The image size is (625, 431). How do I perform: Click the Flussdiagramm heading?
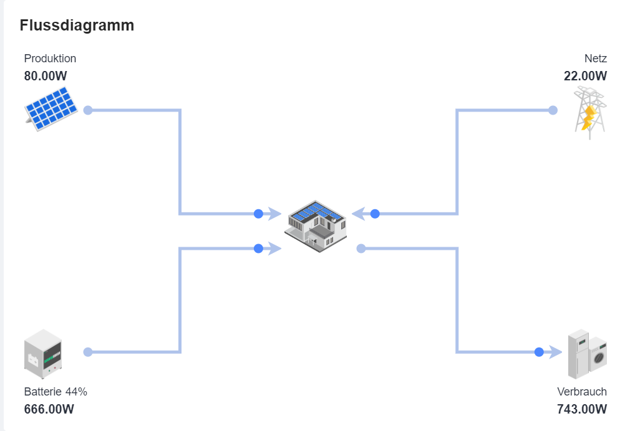[77, 26]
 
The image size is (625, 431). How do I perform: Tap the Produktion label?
[50, 59]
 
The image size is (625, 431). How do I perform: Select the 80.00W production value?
[46, 75]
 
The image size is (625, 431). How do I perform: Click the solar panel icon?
[51, 108]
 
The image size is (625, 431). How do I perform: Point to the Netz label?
[596, 59]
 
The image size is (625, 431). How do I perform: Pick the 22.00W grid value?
[585, 75]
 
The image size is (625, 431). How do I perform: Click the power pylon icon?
[590, 113]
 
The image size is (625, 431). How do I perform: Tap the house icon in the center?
[315, 226]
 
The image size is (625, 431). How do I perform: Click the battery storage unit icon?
[43, 354]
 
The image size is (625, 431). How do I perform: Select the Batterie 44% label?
[56, 392]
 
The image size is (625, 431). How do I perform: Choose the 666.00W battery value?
[49, 409]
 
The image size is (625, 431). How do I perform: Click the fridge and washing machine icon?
[587, 354]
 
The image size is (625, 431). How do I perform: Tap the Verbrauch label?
[582, 392]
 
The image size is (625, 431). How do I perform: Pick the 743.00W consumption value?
[582, 409]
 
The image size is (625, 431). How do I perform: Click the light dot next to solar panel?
[88, 110]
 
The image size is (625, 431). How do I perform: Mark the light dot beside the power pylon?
[553, 110]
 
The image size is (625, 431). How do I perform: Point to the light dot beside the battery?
[88, 352]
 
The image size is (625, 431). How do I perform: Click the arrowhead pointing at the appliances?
[555, 352]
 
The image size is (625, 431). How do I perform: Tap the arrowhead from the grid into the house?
[358, 214]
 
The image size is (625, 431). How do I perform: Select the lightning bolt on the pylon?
[589, 118]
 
